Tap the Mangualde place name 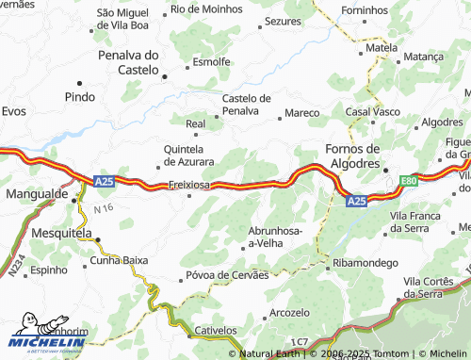(x=36, y=193)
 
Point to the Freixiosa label (x=188, y=185)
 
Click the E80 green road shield (x=407, y=180)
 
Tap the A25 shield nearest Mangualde (x=104, y=180)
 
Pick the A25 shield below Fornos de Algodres (x=356, y=201)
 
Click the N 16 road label (x=103, y=208)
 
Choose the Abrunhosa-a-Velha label (x=275, y=237)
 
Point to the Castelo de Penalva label (x=246, y=105)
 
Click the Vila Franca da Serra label (x=415, y=222)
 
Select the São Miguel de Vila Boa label (x=123, y=19)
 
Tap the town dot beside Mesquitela (x=96, y=239)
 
